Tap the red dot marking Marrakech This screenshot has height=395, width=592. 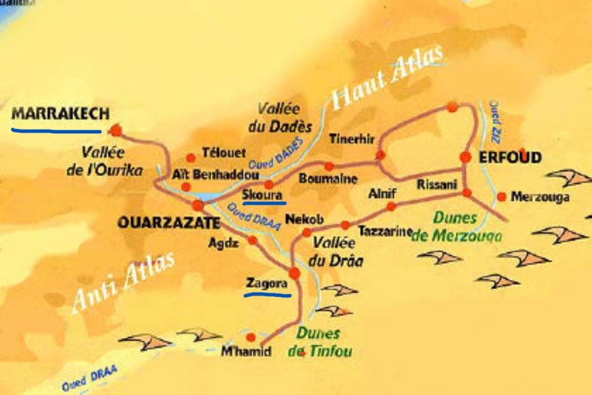(116, 130)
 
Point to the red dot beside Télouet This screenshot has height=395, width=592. (190, 158)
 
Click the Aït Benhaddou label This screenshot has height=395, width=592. (202, 174)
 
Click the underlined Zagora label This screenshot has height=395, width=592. (266, 285)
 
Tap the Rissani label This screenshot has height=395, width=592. (433, 183)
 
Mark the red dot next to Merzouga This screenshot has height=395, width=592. (501, 197)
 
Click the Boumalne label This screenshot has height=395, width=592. (328, 178)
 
